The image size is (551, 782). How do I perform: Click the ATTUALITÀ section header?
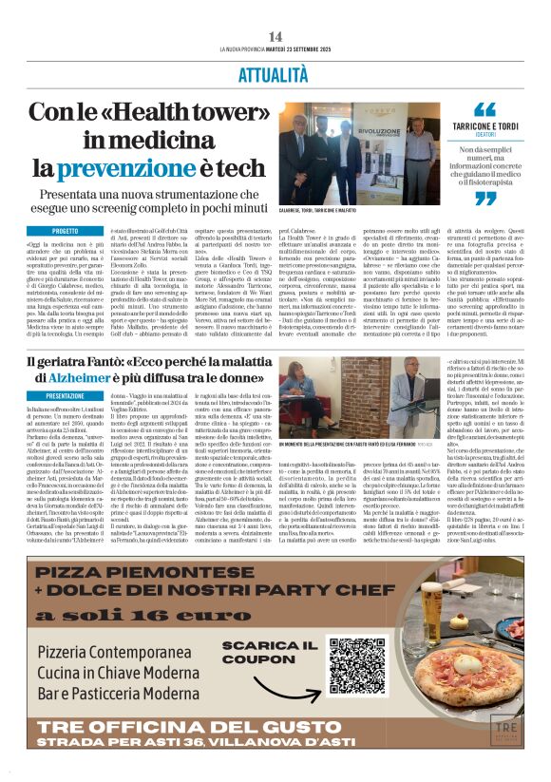pos(275,72)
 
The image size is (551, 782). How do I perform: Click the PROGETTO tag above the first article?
pos(66,231)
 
